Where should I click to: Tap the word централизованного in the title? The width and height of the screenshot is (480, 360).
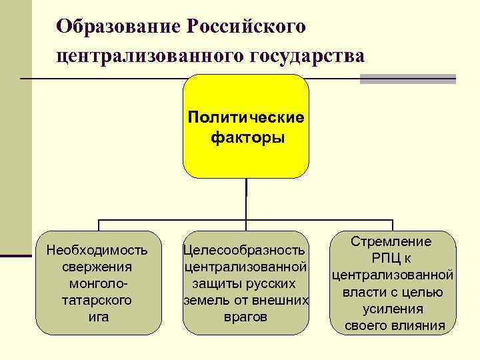(149, 56)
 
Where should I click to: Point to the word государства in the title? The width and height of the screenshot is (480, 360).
(306, 56)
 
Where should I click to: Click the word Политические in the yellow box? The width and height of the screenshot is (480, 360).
(246, 118)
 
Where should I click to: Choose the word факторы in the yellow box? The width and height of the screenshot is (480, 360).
(247, 138)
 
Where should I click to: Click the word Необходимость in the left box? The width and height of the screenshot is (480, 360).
(97, 251)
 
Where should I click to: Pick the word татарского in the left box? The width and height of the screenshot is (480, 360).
(97, 300)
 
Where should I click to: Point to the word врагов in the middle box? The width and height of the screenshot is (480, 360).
(245, 317)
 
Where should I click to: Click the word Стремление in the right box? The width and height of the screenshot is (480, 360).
(391, 242)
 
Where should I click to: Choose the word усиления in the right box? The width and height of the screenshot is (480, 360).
(393, 309)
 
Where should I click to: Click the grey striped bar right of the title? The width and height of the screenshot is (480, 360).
(407, 78)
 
